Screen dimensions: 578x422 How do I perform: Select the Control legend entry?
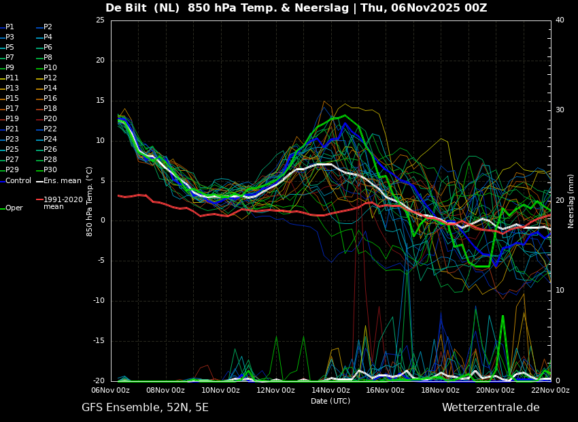(16, 181)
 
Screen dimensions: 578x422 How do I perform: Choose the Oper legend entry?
(12, 208)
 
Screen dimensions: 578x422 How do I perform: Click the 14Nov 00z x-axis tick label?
(330, 390)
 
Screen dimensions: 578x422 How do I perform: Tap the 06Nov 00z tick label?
(111, 390)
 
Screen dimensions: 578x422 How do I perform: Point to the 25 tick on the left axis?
(100, 20)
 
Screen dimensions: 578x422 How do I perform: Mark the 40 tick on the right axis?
(560, 20)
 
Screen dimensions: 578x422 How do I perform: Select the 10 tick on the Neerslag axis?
(560, 291)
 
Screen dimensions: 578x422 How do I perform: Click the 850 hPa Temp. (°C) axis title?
(89, 201)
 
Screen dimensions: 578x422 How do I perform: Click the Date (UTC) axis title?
(330, 401)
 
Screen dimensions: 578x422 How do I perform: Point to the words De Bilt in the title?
(126, 7)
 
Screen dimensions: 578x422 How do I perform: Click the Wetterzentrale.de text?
(491, 408)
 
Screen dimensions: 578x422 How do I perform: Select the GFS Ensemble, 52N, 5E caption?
(145, 408)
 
